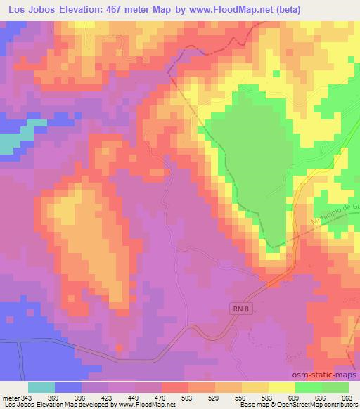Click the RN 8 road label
pos(240,307)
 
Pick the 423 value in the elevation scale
pos(108,398)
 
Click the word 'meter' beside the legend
pos(11,398)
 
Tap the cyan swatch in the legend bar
pos(41,387)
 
